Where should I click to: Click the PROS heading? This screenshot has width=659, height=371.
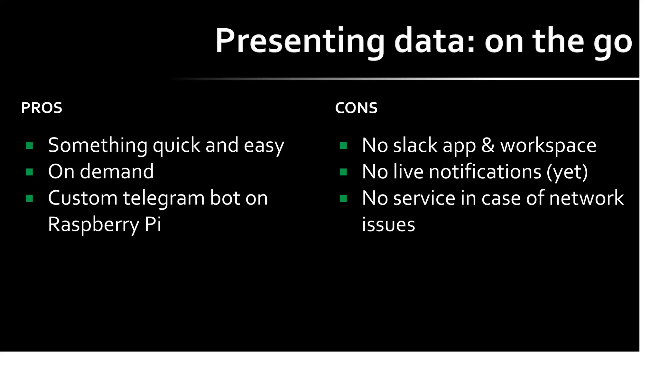(x=42, y=108)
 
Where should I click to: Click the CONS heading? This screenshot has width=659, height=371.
(x=356, y=108)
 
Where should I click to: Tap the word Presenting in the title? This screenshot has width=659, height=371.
(x=300, y=41)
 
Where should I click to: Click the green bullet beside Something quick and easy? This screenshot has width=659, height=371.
(x=29, y=146)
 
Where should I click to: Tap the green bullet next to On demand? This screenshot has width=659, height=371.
(x=29, y=172)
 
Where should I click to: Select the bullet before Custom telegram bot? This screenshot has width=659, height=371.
(x=29, y=198)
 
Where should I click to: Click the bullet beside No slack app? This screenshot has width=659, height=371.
(x=343, y=146)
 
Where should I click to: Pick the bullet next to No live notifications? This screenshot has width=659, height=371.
(x=343, y=172)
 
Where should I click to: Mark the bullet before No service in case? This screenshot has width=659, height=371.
(x=343, y=198)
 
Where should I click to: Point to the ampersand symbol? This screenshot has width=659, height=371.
(x=488, y=145)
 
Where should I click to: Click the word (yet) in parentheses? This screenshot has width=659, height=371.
(x=567, y=172)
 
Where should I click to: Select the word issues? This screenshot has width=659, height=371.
(x=388, y=224)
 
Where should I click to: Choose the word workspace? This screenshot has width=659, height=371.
(x=548, y=146)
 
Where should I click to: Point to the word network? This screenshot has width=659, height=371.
(x=586, y=198)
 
